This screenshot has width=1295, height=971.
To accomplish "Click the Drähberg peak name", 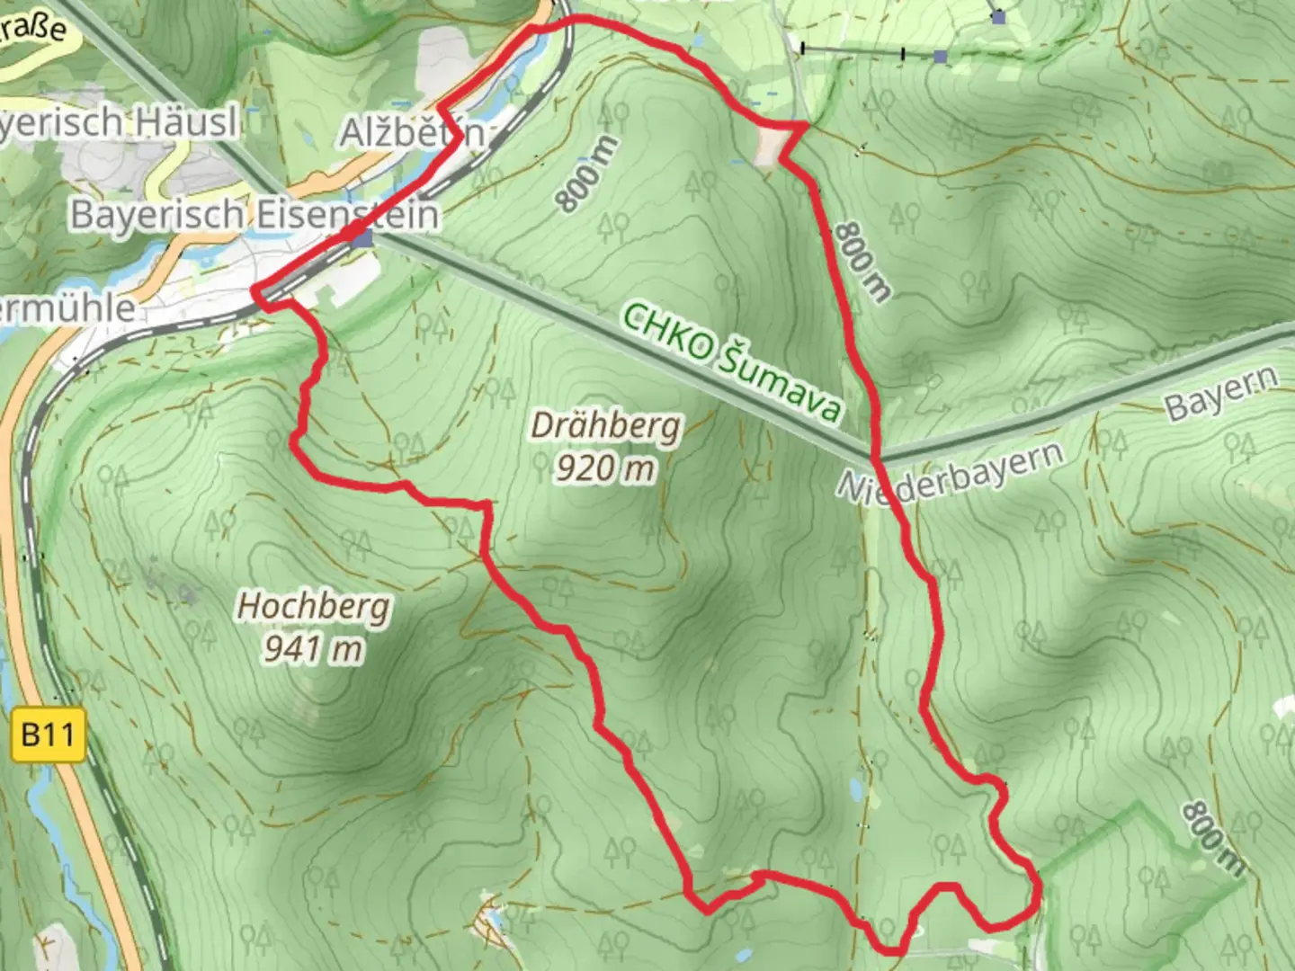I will [604, 426].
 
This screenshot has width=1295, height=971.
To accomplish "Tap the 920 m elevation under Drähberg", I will [604, 468].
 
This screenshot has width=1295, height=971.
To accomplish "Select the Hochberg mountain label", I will [313, 607].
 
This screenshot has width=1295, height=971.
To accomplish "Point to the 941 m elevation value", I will [313, 647].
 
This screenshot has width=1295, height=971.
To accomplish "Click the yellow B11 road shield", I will [49, 735].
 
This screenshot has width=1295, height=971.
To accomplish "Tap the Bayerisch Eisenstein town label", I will [255, 215].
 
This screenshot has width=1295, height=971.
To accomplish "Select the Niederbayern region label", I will [950, 471].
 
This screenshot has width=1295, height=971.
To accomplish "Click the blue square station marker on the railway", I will [362, 239].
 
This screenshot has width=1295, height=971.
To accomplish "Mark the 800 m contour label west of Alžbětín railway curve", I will [588, 174].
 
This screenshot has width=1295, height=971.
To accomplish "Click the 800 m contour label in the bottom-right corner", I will [1213, 838].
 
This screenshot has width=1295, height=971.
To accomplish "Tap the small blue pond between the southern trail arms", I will [853, 790].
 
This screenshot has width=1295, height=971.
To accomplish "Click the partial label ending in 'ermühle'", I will [67, 308].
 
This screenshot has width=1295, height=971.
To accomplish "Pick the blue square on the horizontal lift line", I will [940, 57].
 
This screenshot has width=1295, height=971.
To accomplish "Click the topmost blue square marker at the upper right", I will [998, 16].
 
